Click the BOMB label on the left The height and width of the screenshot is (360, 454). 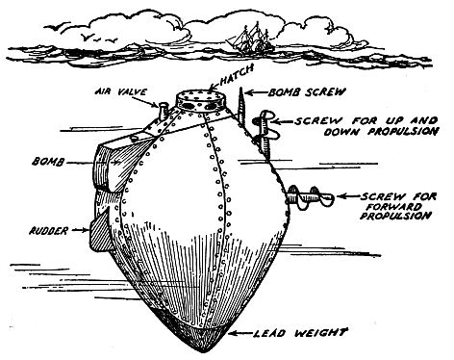[x=47, y=153]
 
